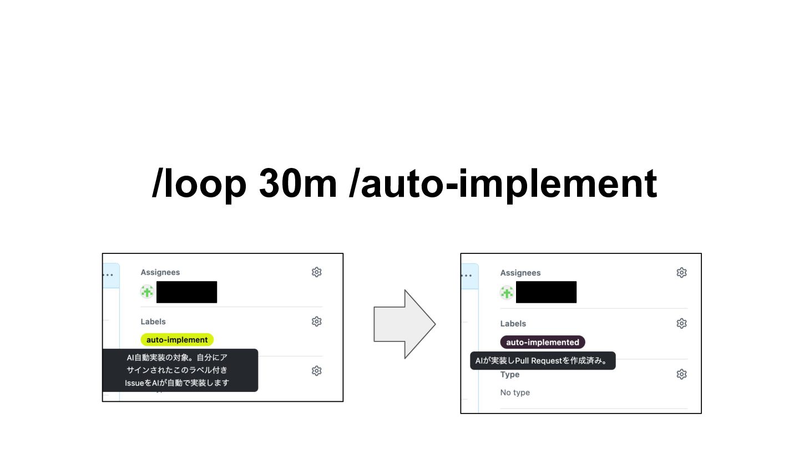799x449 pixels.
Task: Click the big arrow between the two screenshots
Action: (x=404, y=324)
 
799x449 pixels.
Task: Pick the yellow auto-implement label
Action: (x=177, y=340)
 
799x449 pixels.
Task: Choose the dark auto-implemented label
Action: (x=542, y=342)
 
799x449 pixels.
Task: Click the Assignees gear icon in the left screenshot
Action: (x=316, y=272)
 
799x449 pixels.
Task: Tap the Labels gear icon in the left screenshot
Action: (x=316, y=322)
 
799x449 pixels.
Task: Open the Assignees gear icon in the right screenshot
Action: (x=681, y=273)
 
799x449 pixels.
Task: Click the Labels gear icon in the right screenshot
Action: (x=681, y=323)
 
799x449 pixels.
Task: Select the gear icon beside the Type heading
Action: (x=681, y=375)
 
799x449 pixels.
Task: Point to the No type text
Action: (x=515, y=392)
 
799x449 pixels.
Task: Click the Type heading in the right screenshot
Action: (x=509, y=375)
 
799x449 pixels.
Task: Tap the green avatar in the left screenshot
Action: (x=147, y=292)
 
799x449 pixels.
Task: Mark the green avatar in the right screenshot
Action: (x=507, y=292)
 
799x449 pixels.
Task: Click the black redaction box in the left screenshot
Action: (x=186, y=292)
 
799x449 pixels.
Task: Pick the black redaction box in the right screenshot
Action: (x=546, y=292)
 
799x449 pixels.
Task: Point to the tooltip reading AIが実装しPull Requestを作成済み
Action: (x=542, y=361)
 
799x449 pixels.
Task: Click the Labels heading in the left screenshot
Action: (x=153, y=322)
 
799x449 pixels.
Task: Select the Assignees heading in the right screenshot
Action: (x=520, y=273)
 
